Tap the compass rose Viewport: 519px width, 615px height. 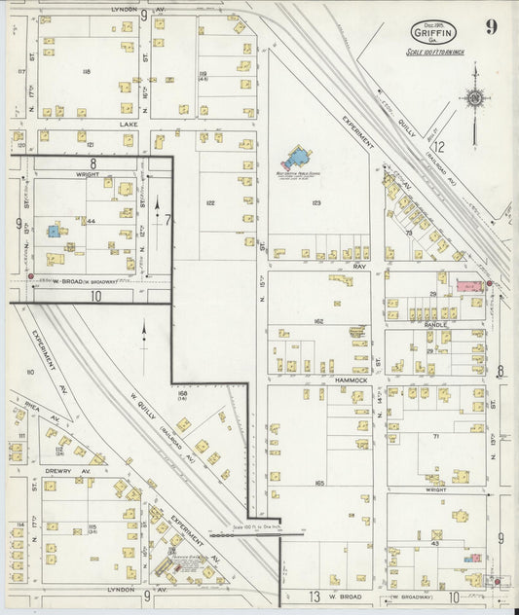(474, 98)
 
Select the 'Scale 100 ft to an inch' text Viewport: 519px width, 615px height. (438, 51)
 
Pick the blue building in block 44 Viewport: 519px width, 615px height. (53, 231)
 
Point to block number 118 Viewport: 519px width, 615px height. (86, 72)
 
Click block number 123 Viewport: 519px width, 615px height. (315, 202)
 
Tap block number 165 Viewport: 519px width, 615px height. (318, 483)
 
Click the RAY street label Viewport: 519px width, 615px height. (358, 266)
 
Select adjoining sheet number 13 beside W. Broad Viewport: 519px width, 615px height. (315, 595)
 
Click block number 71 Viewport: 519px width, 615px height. (435, 438)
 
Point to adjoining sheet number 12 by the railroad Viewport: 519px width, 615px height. (439, 146)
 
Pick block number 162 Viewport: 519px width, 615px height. (318, 320)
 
